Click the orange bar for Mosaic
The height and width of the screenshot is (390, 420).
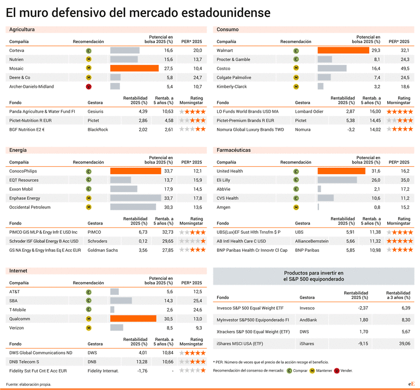click(135, 68)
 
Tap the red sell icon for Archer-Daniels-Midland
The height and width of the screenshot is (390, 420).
click(89, 87)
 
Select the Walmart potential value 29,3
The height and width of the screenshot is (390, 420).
click(375, 50)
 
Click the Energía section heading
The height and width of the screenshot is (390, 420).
click(18, 150)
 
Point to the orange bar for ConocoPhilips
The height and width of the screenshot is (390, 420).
click(135, 171)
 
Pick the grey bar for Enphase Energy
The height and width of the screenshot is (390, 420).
click(135, 198)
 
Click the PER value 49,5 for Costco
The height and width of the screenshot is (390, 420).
click(405, 69)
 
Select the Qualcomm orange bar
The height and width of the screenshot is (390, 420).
click(133, 319)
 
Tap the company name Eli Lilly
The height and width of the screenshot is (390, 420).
click(224, 180)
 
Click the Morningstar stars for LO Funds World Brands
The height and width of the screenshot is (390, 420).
click(400, 112)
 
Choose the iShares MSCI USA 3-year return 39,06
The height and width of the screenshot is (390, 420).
click(405, 344)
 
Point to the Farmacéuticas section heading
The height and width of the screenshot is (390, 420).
click(233, 150)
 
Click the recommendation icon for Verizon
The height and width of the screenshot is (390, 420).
click(89, 328)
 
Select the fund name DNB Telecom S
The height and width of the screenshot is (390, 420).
click(24, 362)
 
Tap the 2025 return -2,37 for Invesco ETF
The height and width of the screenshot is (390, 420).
click(363, 308)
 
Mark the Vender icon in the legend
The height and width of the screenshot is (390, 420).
click(337, 371)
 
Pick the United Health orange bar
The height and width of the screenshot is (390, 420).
click(341, 171)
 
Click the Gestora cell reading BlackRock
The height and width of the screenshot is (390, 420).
click(98, 130)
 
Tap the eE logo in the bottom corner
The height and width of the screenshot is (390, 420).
click(411, 384)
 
